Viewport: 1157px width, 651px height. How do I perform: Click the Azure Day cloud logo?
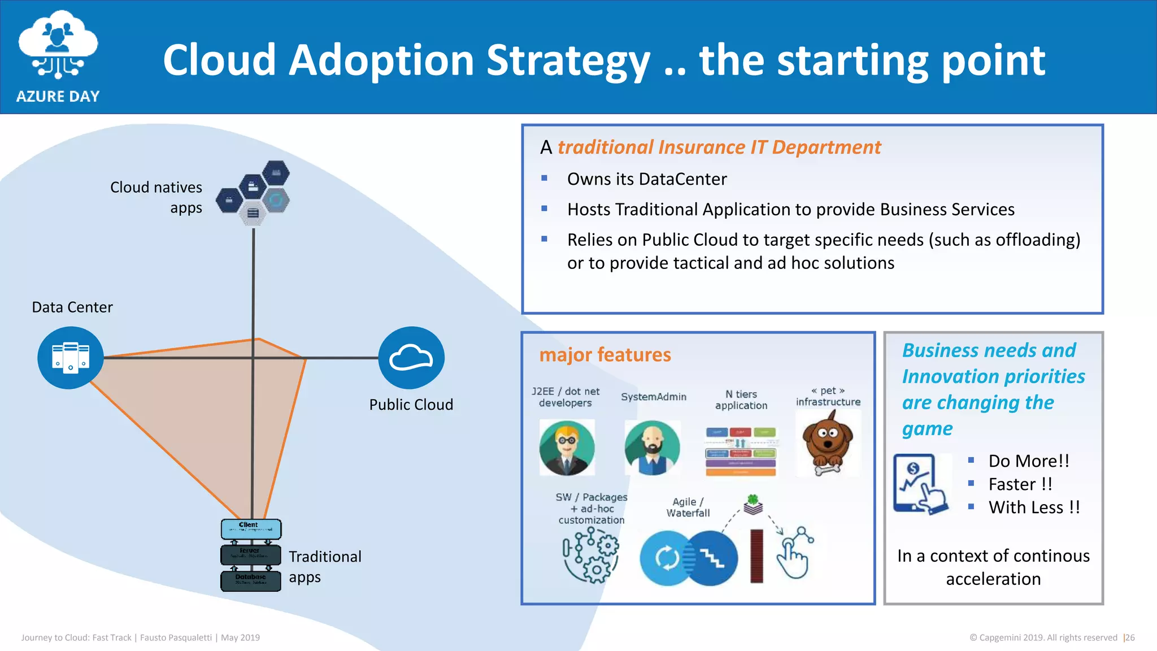click(58, 45)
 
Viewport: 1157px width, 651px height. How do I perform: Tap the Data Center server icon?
click(71, 357)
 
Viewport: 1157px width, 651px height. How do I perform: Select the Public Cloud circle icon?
click(411, 357)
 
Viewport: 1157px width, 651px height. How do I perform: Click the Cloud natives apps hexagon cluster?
click(254, 193)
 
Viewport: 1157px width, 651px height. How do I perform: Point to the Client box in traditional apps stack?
click(251, 529)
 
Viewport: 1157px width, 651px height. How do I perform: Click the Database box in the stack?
click(251, 580)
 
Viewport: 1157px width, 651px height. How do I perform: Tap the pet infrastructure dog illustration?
click(828, 444)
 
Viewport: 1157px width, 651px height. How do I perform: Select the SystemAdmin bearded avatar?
click(652, 448)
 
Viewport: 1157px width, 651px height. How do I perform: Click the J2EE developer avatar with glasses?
click(567, 448)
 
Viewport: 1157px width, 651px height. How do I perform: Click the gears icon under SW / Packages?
click(591, 556)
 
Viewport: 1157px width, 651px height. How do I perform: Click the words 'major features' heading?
click(605, 355)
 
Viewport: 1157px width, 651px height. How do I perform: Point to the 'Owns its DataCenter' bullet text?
click(647, 179)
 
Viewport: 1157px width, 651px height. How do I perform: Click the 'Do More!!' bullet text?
click(1028, 461)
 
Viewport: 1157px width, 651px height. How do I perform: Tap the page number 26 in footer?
click(1130, 637)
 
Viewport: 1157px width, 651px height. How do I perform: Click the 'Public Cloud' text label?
click(411, 405)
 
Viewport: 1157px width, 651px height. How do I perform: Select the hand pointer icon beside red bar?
click(794, 554)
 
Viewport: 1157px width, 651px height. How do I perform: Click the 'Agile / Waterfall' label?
click(688, 507)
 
